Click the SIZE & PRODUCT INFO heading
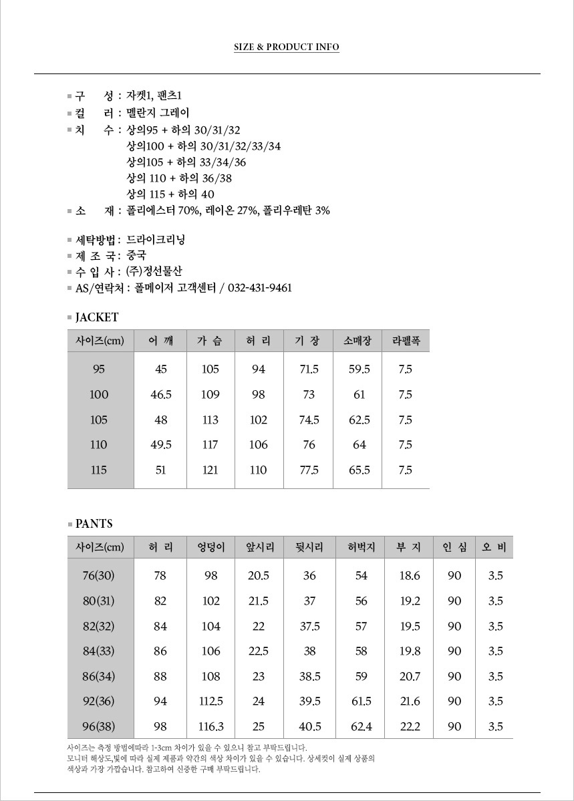[286, 47]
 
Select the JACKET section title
[97, 317]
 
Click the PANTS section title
[94, 524]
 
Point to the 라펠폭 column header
[406, 341]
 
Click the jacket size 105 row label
[99, 420]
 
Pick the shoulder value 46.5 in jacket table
[161, 395]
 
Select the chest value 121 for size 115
[210, 470]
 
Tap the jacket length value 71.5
[309, 369]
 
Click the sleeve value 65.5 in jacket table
[360, 470]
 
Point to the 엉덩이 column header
[210, 548]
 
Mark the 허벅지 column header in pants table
[362, 548]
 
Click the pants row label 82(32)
[99, 627]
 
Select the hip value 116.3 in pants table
[211, 727]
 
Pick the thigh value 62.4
[362, 727]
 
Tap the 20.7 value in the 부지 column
[410, 677]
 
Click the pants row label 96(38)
[99, 727]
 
